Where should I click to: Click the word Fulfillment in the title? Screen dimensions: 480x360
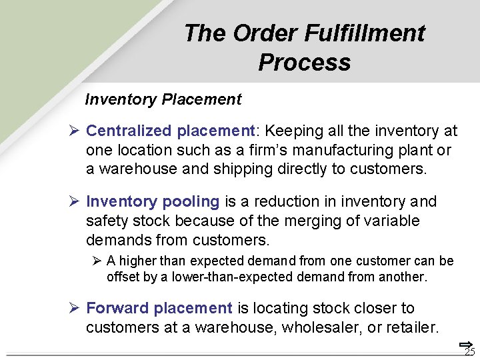pyautogui.click(x=365, y=33)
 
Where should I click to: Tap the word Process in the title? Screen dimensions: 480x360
pyautogui.click(x=304, y=62)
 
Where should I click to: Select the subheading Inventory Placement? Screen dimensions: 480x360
pyautogui.click(x=163, y=100)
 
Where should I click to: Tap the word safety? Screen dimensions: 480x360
pyautogui.click(x=107, y=221)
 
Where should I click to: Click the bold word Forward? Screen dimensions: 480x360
pyautogui.click(x=117, y=309)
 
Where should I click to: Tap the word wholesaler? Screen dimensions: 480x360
pyautogui.click(x=323, y=327)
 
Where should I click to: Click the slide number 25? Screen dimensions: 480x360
pyautogui.click(x=469, y=352)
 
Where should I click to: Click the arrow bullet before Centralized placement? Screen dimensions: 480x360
pyautogui.click(x=75, y=131)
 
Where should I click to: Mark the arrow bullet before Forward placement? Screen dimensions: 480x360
pyautogui.click(x=75, y=309)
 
